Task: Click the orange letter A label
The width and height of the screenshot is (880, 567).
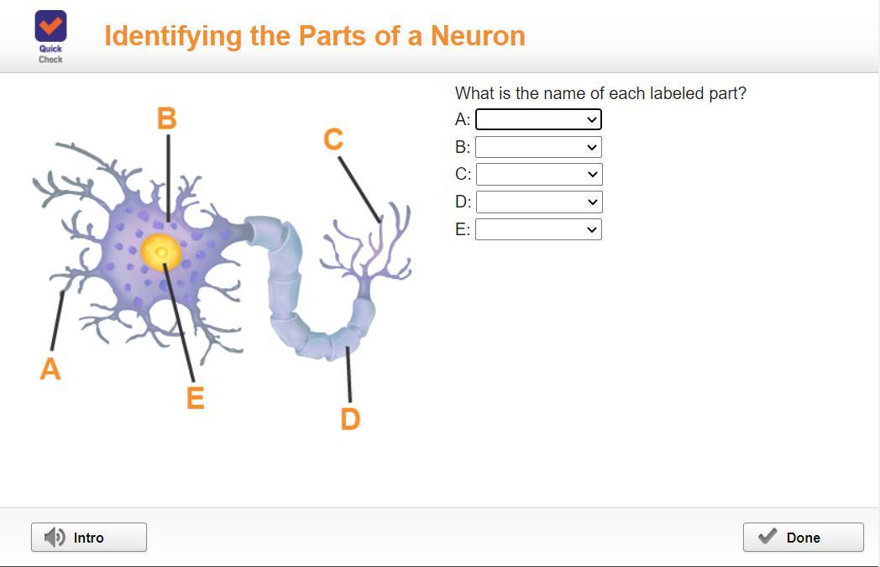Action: [50, 369]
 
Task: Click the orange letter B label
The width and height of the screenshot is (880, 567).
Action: [167, 118]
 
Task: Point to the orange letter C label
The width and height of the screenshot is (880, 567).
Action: [333, 139]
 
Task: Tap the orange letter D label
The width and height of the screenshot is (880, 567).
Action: [350, 419]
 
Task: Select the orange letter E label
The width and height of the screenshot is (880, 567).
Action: [195, 398]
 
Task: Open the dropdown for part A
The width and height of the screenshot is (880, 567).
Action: [538, 119]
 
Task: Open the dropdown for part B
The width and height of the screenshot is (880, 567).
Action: [538, 147]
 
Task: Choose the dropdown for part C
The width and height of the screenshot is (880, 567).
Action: [539, 174]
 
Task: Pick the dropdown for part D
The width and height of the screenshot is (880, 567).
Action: [539, 202]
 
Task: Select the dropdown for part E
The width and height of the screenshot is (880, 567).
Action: [538, 229]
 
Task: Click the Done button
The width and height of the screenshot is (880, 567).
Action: [803, 538]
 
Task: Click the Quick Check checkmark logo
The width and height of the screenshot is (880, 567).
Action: [50, 26]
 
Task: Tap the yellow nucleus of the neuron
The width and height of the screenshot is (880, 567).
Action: [161, 252]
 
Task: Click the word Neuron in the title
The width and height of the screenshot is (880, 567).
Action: [478, 36]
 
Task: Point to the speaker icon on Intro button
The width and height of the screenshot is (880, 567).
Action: [55, 538]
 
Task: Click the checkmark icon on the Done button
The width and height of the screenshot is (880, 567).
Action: [767, 536]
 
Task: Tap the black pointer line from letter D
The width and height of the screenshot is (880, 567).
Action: [349, 375]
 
